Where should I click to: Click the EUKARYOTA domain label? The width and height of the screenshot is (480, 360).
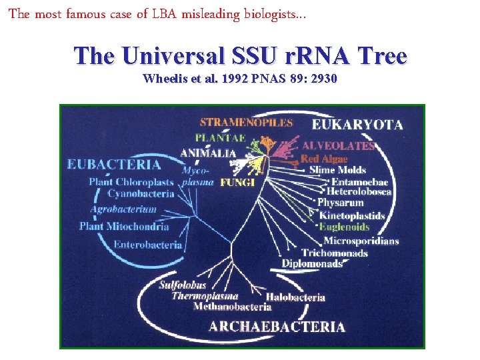357,125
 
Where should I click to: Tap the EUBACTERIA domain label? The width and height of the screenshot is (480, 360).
113,164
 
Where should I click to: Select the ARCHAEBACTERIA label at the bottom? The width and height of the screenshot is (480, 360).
277,327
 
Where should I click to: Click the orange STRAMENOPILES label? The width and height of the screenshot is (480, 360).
246,123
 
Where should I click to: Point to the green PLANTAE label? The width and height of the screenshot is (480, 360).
220,138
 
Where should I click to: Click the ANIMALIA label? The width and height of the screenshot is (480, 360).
208,153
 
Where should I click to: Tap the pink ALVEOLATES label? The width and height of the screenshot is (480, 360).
339,145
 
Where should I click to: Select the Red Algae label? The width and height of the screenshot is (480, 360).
324,159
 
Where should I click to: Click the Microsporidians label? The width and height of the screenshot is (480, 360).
361,241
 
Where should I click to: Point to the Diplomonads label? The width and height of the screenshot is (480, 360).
311,264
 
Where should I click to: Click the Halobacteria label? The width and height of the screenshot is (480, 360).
295,297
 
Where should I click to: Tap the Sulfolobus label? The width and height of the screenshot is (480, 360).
182,285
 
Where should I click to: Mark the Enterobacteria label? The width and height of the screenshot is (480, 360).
147,245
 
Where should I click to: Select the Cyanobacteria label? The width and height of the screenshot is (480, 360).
141,194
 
